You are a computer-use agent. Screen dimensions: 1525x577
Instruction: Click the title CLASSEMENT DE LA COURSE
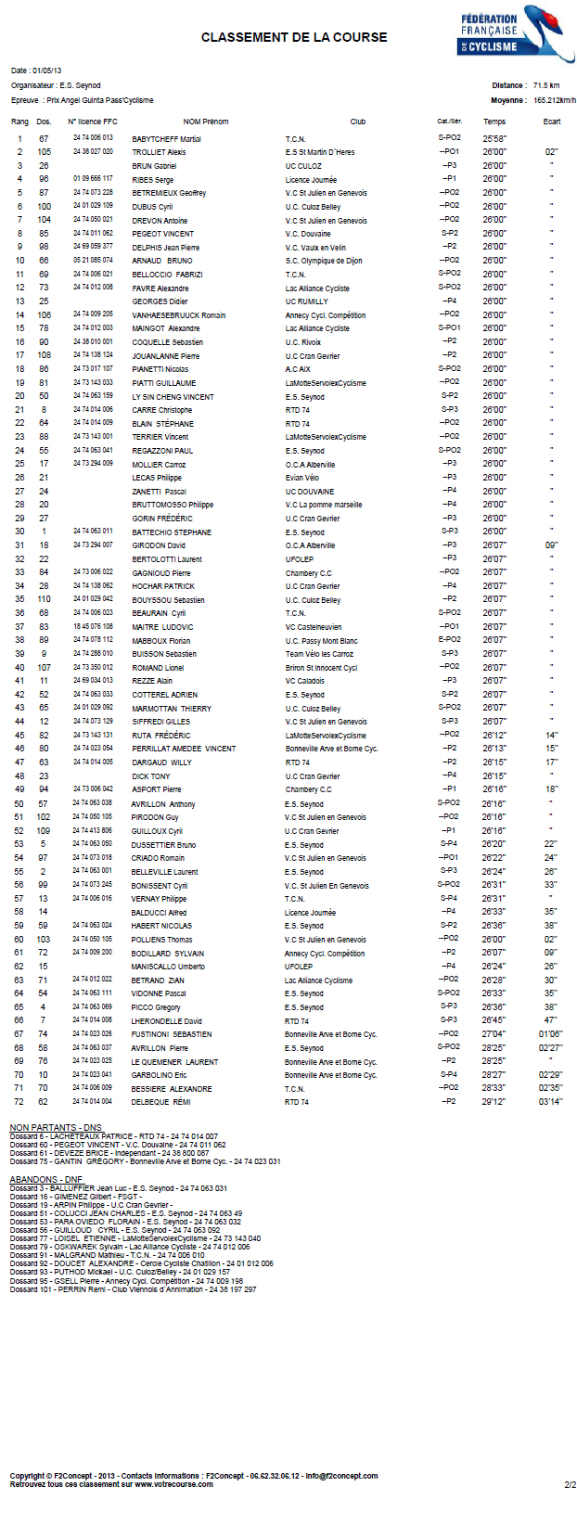[x=294, y=38]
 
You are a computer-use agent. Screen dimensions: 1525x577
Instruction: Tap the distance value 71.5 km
[x=545, y=85]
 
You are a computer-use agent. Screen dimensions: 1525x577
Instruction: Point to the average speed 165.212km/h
[x=554, y=100]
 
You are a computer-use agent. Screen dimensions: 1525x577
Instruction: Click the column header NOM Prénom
[x=205, y=122]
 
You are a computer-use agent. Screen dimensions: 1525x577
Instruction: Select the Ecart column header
[x=551, y=122]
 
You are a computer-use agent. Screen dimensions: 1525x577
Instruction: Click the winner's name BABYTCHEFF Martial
[x=166, y=139]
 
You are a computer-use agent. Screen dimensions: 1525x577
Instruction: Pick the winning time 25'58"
[x=494, y=139]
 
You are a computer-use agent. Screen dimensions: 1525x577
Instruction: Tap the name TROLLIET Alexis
[x=159, y=152]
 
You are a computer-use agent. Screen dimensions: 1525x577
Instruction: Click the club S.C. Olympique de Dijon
[x=323, y=261]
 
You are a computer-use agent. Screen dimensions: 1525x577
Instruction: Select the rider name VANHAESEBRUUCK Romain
[x=178, y=315]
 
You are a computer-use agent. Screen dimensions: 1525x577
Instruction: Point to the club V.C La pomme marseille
[x=324, y=505]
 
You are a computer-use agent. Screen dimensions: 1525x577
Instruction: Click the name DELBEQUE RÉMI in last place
[x=160, y=1102]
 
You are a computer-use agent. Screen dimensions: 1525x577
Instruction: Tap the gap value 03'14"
[x=550, y=1102]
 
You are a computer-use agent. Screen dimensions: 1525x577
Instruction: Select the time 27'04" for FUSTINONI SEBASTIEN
[x=494, y=1034]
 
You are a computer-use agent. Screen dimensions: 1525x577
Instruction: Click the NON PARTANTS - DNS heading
[x=55, y=1128]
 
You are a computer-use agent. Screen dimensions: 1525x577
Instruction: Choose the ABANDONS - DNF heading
[x=46, y=1180]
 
